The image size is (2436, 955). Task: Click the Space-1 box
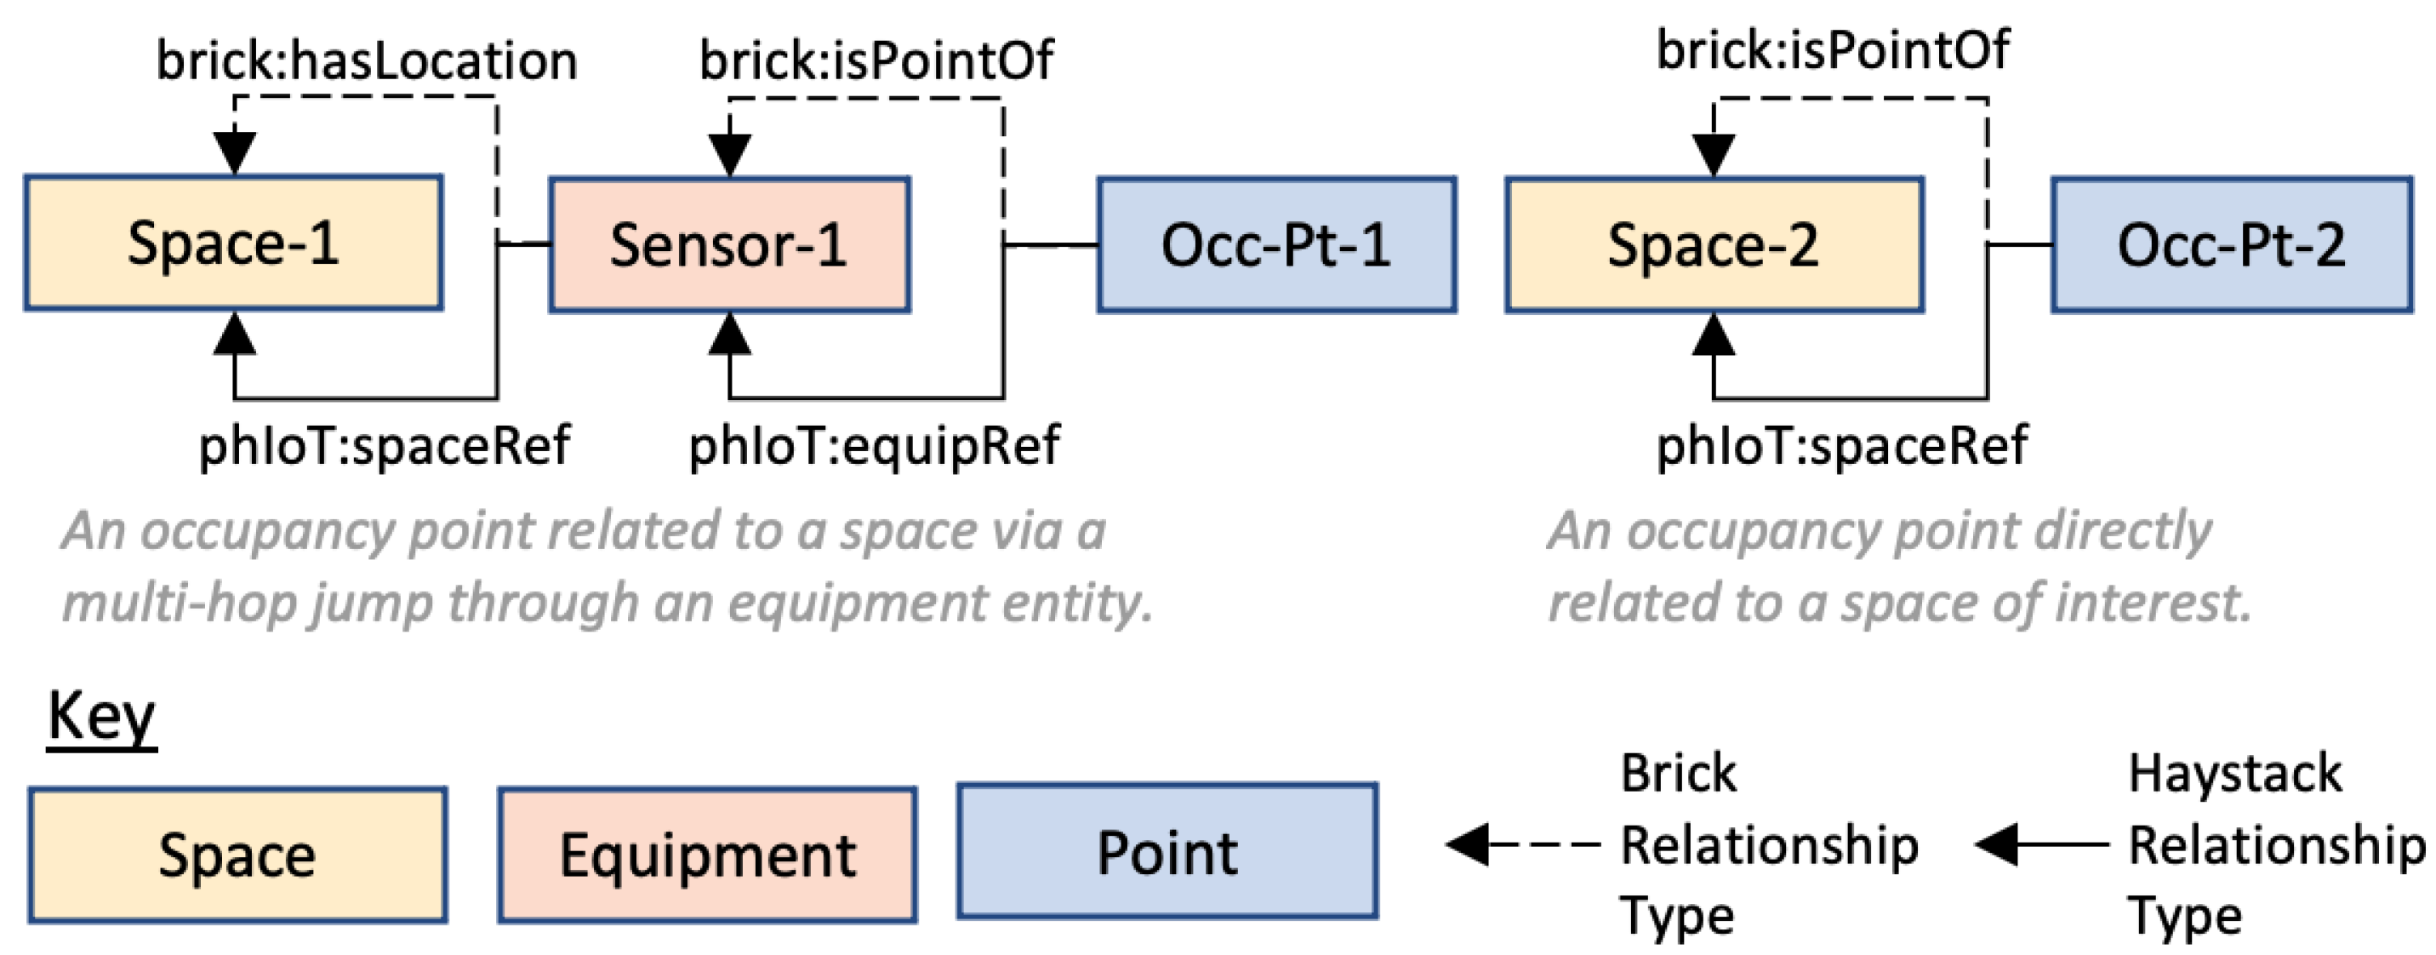tap(234, 243)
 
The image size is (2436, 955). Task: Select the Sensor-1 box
tap(729, 245)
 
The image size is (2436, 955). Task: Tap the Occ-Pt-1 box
tap(1275, 245)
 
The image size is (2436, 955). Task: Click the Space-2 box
tap(1714, 245)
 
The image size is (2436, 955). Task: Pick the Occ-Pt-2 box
tap(2232, 245)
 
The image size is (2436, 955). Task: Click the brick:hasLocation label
tap(366, 61)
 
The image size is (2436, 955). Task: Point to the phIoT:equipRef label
tap(874, 444)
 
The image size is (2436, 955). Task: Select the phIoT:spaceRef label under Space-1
tap(384, 444)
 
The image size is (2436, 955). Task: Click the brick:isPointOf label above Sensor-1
tap(876, 61)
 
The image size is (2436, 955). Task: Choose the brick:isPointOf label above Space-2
tap(1833, 50)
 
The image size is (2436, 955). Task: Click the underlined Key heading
tap(101, 717)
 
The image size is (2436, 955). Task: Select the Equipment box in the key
tap(707, 855)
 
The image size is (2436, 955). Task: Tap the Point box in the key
tap(1167, 851)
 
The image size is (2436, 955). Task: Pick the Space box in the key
tap(237, 855)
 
